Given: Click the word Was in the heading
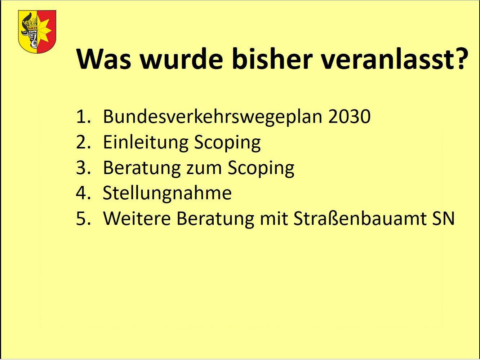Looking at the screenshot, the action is click(x=104, y=59).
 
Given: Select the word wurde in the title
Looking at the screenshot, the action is click(x=182, y=59).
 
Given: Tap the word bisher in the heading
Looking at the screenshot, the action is click(x=272, y=59).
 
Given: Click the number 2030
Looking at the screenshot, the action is click(x=349, y=116).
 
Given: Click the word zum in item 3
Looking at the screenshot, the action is click(x=204, y=169).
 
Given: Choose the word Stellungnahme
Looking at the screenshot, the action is click(x=167, y=193).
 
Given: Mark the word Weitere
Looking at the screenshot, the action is click(x=137, y=218).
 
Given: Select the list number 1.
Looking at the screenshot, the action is click(x=83, y=117).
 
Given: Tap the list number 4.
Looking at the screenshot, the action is click(x=83, y=193).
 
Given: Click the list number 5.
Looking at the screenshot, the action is click(x=83, y=218).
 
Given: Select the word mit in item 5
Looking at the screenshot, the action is click(x=274, y=218).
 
